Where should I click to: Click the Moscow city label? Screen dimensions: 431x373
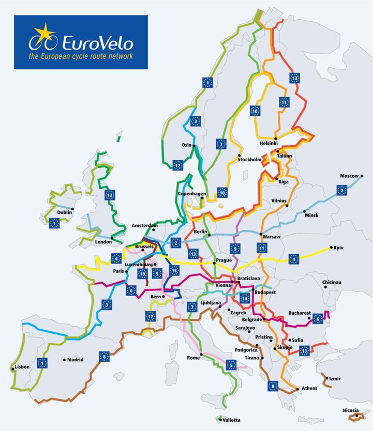(x=349, y=176)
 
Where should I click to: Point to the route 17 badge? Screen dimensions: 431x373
(x=151, y=317)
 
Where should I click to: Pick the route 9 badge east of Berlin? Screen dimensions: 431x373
(x=235, y=249)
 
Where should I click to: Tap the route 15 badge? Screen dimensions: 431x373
(x=174, y=270)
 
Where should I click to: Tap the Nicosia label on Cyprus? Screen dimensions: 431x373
(x=350, y=411)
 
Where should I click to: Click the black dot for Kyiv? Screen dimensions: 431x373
(x=331, y=247)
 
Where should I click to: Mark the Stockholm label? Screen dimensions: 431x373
(x=250, y=160)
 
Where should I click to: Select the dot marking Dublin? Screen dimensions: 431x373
(x=73, y=209)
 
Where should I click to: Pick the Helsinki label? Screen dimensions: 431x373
(x=268, y=143)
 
